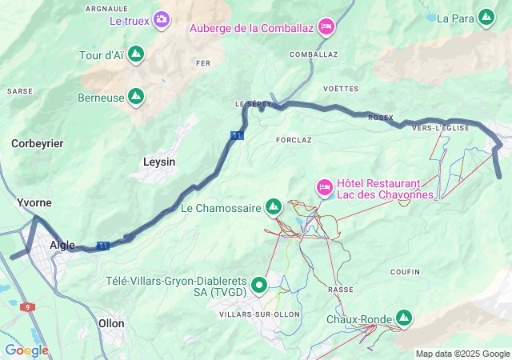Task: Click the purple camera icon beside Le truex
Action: (162, 19)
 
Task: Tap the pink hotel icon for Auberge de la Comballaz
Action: (326, 27)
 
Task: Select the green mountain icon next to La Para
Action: (486, 16)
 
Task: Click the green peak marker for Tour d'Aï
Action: (136, 54)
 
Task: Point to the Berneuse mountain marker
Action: (136, 97)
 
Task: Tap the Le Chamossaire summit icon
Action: (274, 207)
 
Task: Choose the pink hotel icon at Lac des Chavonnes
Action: (325, 187)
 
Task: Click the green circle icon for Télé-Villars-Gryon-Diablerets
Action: (259, 285)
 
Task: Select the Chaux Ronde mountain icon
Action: (403, 318)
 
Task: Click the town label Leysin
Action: (158, 162)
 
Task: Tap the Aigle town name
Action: (62, 245)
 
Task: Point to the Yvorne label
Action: (34, 203)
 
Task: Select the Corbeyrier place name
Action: (37, 143)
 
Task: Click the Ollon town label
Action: (110, 323)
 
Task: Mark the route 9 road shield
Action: (28, 307)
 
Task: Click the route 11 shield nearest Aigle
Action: (102, 246)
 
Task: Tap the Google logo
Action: (26, 350)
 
